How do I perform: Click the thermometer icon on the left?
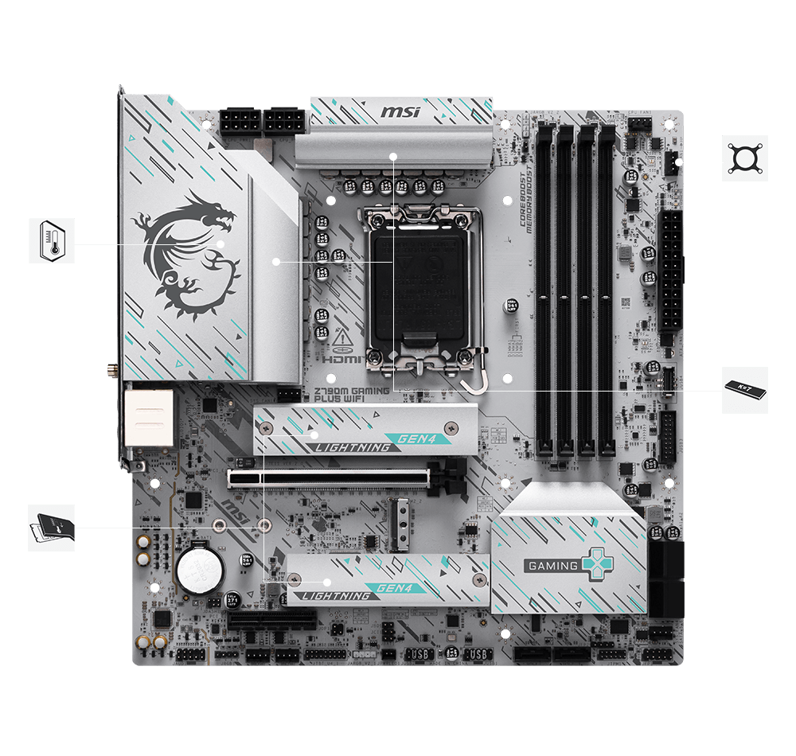[52, 240]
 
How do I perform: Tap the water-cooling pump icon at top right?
[745, 158]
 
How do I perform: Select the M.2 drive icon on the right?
[745, 390]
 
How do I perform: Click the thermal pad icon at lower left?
[52, 527]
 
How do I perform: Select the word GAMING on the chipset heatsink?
[552, 566]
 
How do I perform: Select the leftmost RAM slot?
[544, 290]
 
